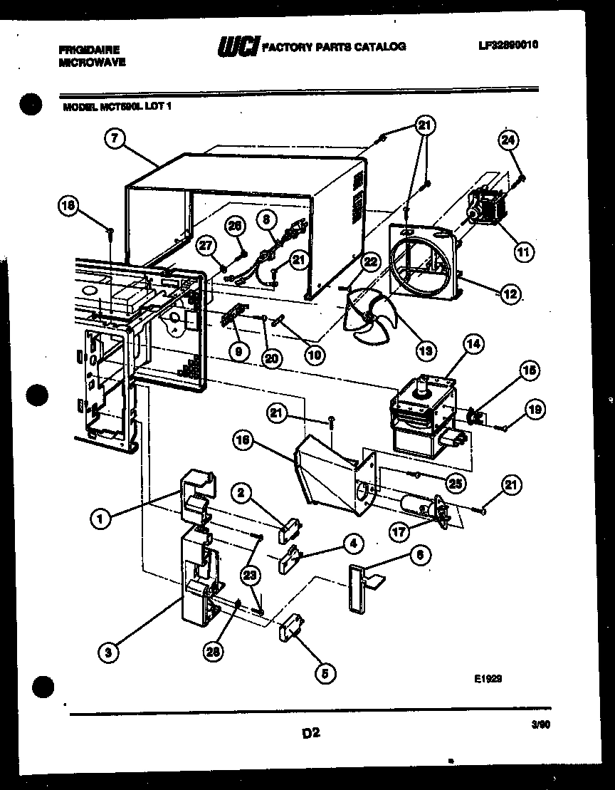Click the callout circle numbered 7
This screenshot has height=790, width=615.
click(115, 139)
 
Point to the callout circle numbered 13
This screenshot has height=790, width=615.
click(426, 350)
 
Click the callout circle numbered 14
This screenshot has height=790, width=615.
click(473, 345)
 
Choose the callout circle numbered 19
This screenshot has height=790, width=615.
click(535, 409)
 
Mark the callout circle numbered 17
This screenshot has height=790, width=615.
click(400, 530)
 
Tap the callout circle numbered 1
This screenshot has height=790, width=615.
click(102, 519)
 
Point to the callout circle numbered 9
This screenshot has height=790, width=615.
click(239, 350)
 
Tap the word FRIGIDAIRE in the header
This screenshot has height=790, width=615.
click(89, 50)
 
